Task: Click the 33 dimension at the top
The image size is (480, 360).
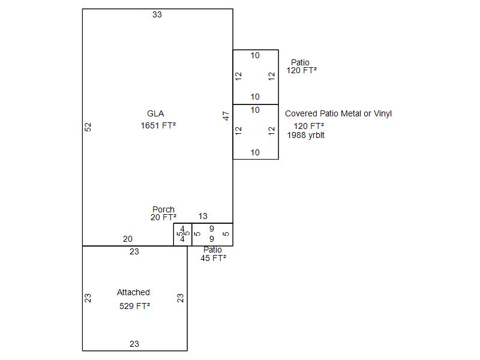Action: (x=157, y=14)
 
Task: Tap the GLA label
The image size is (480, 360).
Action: (x=155, y=113)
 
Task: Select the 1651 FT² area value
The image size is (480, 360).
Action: (x=158, y=125)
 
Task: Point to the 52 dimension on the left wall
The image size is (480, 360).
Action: (x=88, y=127)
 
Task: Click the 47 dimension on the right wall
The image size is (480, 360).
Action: (x=226, y=116)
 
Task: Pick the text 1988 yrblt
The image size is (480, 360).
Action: (x=305, y=135)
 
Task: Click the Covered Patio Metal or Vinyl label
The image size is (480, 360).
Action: (x=338, y=113)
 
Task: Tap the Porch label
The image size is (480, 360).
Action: (x=163, y=210)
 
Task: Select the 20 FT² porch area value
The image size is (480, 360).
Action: (x=163, y=217)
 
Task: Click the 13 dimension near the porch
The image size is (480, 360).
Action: (x=203, y=217)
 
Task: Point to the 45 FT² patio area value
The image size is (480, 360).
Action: (x=213, y=258)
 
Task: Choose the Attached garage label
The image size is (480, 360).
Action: (x=133, y=292)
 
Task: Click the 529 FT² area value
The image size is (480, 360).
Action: (x=134, y=306)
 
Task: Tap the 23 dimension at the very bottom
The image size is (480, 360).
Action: (x=134, y=344)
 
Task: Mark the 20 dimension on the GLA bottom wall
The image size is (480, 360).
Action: (x=128, y=239)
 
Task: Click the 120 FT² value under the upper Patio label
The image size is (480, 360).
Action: (x=301, y=70)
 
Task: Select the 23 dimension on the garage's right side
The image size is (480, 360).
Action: (x=180, y=298)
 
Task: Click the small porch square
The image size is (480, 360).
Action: (x=182, y=234)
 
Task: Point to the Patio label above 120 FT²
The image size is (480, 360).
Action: (x=300, y=62)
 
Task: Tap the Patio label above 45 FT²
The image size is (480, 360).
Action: (x=212, y=250)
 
